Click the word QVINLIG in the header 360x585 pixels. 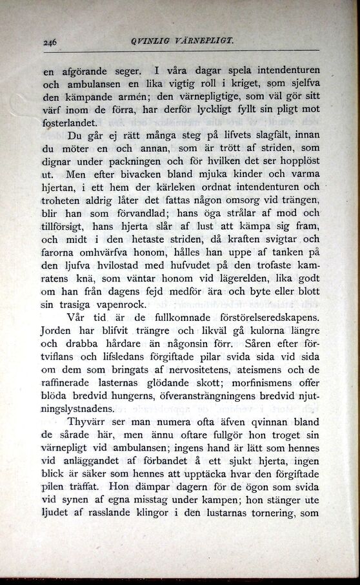151,40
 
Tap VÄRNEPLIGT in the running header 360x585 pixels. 201,40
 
